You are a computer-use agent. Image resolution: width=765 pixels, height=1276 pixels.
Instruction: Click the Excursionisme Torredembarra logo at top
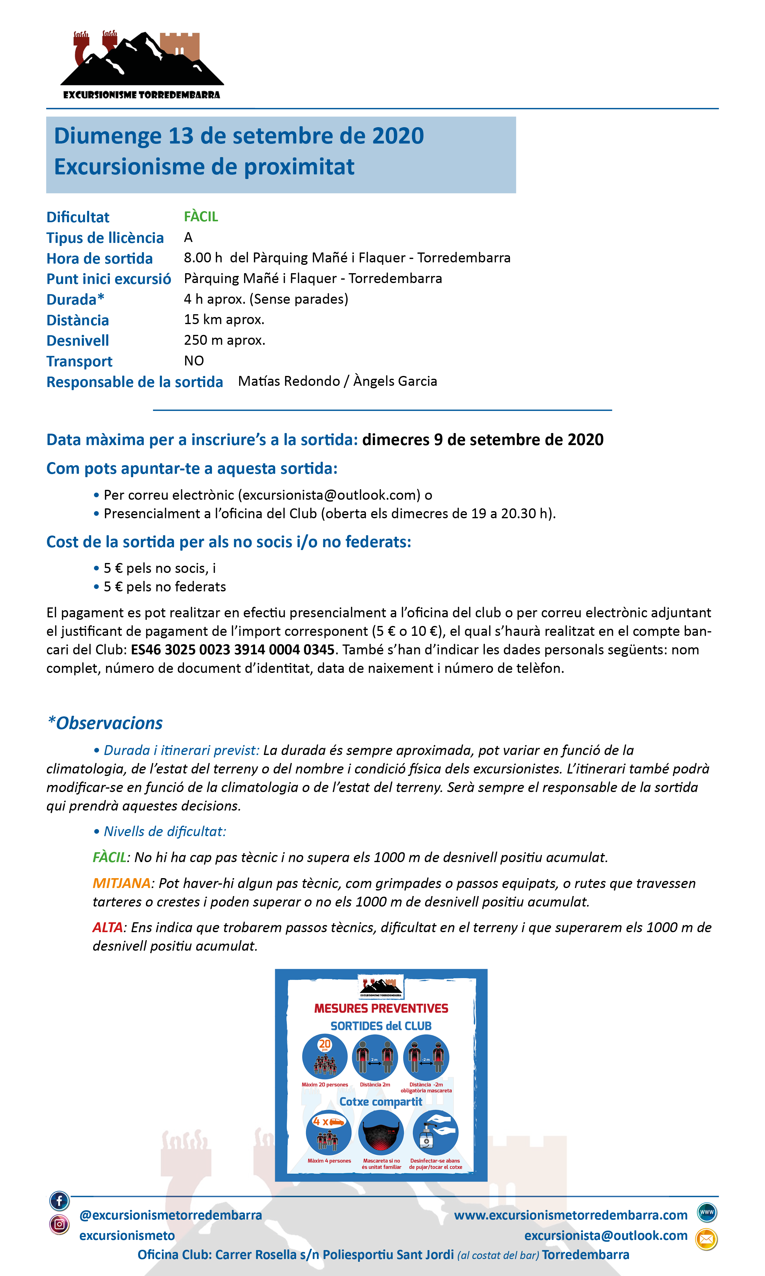142,65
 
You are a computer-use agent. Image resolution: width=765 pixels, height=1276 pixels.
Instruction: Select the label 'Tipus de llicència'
105,238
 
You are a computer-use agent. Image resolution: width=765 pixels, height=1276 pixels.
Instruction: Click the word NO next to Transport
194,361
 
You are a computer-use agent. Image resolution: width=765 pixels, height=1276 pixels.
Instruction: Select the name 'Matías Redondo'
289,381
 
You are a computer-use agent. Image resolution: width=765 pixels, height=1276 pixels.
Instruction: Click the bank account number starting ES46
233,650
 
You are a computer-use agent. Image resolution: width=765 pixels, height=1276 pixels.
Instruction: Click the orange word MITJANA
121,883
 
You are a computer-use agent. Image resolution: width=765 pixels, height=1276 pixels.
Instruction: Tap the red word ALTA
107,927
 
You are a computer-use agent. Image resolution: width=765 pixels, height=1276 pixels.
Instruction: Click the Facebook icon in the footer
59,1201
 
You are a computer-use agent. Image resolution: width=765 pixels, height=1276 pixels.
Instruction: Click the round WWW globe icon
707,1212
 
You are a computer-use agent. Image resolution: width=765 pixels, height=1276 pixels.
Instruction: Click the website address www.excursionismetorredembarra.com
571,1215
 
